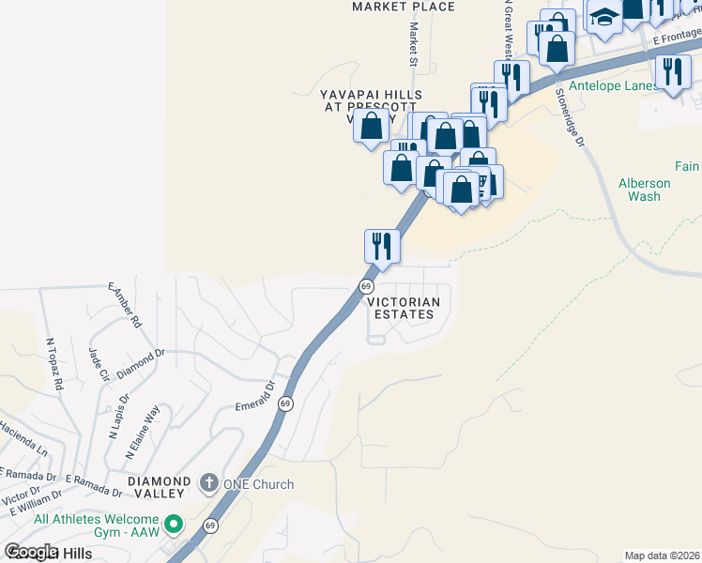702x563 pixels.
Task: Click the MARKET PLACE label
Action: (x=403, y=7)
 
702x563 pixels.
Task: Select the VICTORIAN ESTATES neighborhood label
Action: (x=403, y=309)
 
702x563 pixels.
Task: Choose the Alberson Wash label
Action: (x=645, y=190)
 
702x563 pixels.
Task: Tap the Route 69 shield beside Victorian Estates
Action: (x=366, y=285)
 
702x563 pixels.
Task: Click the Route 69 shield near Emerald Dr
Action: (x=286, y=403)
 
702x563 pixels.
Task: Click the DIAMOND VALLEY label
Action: (x=160, y=481)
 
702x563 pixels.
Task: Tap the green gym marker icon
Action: (x=172, y=524)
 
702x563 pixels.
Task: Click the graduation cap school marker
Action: (x=603, y=16)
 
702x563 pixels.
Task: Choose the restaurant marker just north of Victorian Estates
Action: (x=382, y=247)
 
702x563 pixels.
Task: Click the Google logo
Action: (x=31, y=552)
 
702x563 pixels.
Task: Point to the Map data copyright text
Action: (x=662, y=555)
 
